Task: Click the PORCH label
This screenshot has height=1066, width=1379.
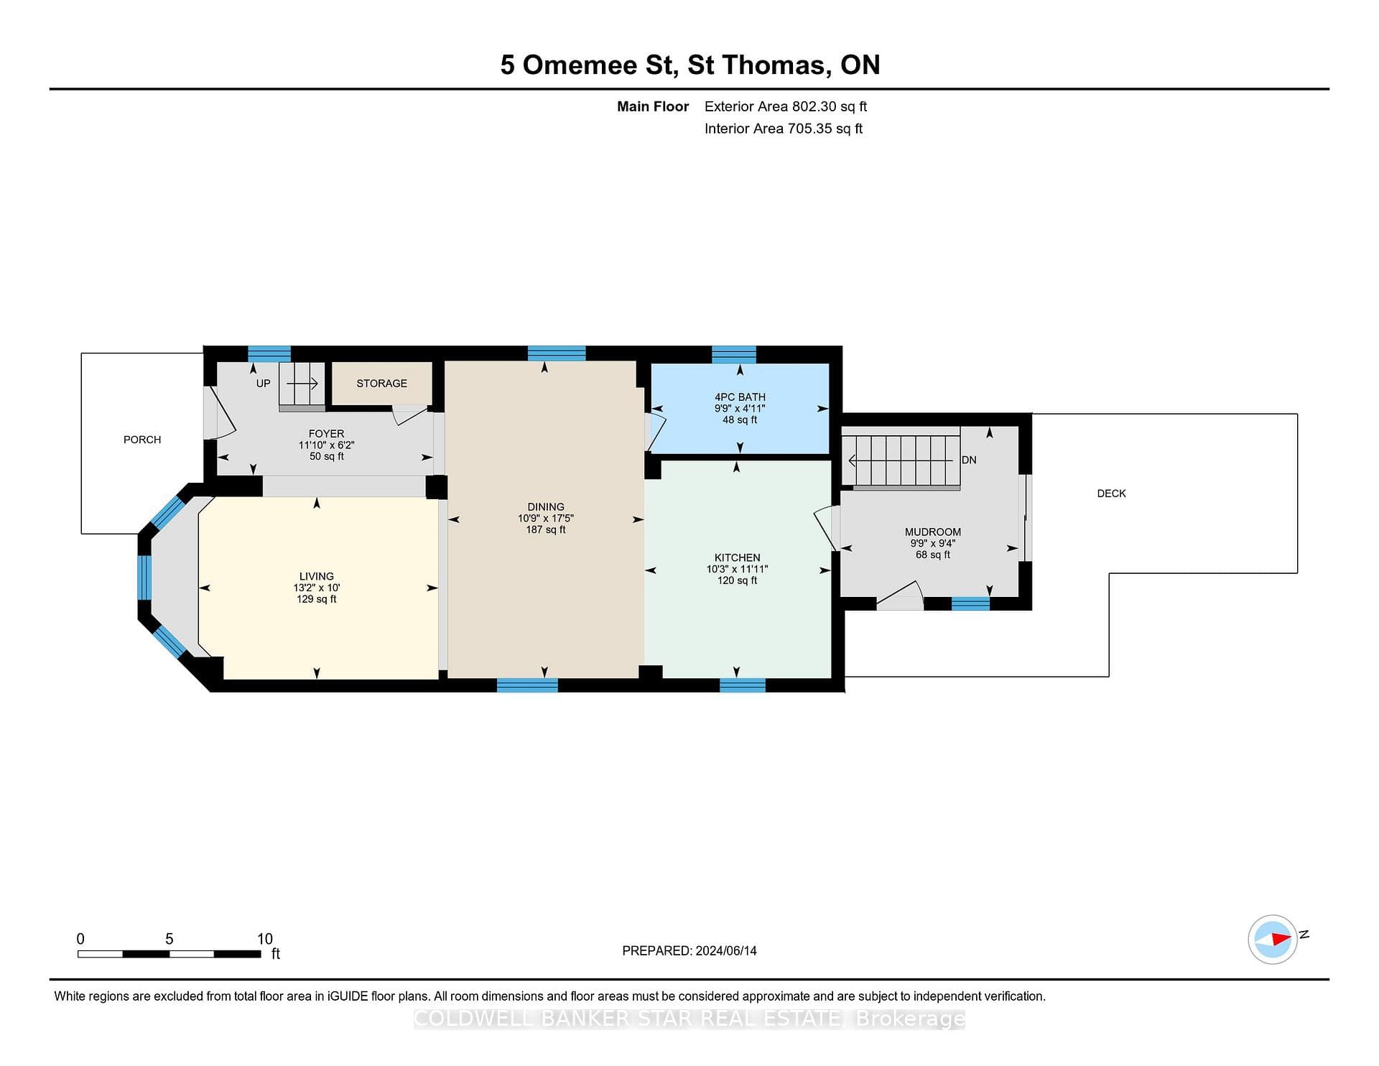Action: pos(142,440)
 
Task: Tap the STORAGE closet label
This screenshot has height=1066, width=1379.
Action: pos(381,384)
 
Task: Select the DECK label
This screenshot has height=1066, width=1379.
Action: pos(1111,493)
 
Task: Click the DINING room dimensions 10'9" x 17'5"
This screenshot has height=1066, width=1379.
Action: pos(546,519)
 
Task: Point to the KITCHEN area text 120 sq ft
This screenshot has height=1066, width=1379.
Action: pos(737,580)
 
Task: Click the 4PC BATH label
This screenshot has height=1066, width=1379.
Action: pos(740,397)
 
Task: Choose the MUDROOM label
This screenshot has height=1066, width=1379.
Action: pos(932,532)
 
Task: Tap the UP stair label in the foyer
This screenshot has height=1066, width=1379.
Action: pos(264,384)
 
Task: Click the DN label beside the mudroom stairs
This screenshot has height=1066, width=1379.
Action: pos(969,460)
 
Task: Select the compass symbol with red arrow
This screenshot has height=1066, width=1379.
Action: pos(1273,939)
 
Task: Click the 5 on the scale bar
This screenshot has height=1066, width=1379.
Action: pos(170,939)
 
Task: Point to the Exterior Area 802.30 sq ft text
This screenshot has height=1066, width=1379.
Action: pos(786,106)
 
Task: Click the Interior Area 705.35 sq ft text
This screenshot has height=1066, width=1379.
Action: pos(784,129)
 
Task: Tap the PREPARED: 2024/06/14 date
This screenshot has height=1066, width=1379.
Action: pos(689,950)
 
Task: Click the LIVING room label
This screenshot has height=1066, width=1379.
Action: pos(317,576)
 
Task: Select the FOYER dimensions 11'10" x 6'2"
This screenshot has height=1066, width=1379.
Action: pos(326,445)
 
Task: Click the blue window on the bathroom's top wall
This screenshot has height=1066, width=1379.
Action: pos(734,354)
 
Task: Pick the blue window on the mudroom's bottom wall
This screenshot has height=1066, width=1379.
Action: pos(970,603)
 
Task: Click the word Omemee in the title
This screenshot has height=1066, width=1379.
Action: pos(580,65)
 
